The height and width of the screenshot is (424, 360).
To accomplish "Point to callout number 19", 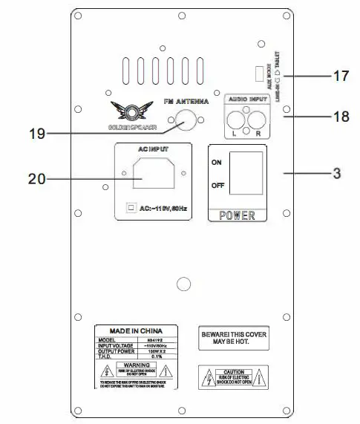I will [36, 134].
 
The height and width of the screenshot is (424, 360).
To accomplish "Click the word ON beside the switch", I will [217, 162].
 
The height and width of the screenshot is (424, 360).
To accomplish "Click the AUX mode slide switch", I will [257, 74].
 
